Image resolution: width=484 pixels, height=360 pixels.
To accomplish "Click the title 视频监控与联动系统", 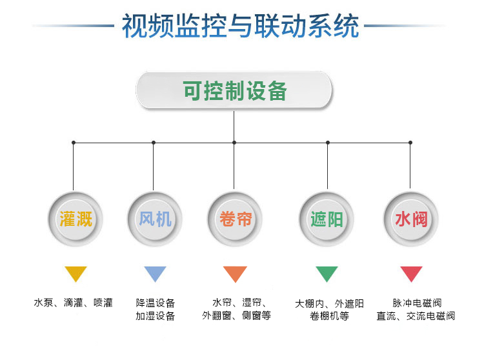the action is pyautogui.click(x=241, y=26).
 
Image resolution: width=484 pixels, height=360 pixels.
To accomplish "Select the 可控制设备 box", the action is pyautogui.click(x=234, y=90).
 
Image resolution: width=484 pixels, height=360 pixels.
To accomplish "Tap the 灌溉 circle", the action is pyautogui.click(x=76, y=219).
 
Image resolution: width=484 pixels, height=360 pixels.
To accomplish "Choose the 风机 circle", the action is pyautogui.click(x=155, y=219).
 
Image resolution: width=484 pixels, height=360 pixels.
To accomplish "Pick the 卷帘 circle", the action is pyautogui.click(x=235, y=219).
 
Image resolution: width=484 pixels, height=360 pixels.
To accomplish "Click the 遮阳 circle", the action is pyautogui.click(x=327, y=219).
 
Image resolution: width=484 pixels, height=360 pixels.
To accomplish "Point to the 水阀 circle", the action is pyautogui.click(x=411, y=219).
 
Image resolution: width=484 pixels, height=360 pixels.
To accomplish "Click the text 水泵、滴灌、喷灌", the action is pyautogui.click(x=73, y=303).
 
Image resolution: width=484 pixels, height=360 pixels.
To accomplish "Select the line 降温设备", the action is pyautogui.click(x=156, y=303).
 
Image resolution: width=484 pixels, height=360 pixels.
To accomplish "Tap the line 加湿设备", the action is pyautogui.click(x=156, y=315).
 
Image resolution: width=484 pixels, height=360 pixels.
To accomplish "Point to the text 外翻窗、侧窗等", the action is pyautogui.click(x=236, y=315).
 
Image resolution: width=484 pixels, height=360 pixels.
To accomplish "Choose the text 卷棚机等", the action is pyautogui.click(x=329, y=316).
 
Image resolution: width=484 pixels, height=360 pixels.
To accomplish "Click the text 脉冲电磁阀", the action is pyautogui.click(x=417, y=303).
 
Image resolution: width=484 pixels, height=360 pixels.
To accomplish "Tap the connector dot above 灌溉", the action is pyautogui.click(x=74, y=143).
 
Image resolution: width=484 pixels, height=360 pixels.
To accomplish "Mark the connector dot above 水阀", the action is pyautogui.click(x=410, y=143).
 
